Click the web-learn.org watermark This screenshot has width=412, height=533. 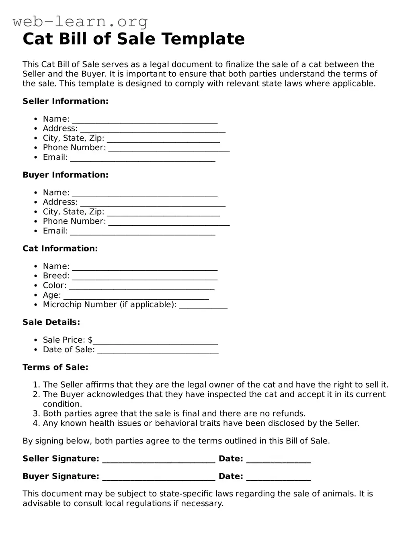click(80, 21)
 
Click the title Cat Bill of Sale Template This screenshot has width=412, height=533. click(133, 39)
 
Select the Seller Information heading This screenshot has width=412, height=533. click(66, 101)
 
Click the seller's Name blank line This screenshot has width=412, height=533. click(145, 120)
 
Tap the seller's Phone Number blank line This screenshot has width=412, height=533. click(169, 149)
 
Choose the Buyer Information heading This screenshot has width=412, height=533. click(66, 175)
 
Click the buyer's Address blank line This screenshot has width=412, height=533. click(153, 203)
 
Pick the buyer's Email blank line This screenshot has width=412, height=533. click(143, 232)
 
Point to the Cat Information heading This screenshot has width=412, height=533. click(60, 248)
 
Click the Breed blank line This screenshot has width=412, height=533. click(145, 277)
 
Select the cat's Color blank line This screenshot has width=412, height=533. click(141, 286)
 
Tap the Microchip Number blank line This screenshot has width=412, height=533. click(203, 306)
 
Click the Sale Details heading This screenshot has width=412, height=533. click(51, 322)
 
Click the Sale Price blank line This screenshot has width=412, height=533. click(155, 341)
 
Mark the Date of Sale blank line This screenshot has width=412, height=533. click(158, 351)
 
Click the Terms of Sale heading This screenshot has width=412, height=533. click(55, 367)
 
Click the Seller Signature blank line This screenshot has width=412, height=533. click(159, 460)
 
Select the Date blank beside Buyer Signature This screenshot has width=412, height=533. click(278, 478)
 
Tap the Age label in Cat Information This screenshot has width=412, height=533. click(52, 295)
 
